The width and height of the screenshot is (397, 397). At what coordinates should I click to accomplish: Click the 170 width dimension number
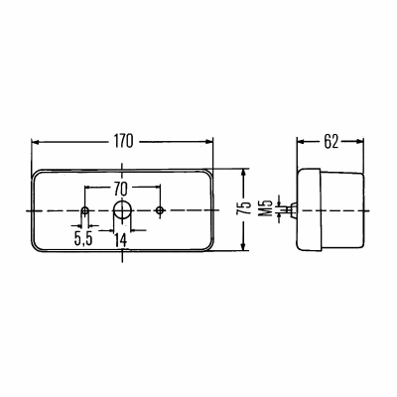124,141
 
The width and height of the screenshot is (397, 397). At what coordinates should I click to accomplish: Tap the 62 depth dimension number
331,142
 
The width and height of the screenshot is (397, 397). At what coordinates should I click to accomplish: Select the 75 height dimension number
243,208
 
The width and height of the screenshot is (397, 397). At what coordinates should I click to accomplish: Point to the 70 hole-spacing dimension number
121,190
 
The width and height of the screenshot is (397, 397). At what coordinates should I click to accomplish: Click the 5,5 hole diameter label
83,239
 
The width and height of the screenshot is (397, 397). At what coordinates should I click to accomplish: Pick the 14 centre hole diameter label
121,240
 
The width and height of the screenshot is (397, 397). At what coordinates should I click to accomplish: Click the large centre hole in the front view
122,210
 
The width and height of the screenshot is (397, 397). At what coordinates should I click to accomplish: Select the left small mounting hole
85,210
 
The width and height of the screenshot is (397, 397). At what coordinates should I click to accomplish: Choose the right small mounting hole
160,210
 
